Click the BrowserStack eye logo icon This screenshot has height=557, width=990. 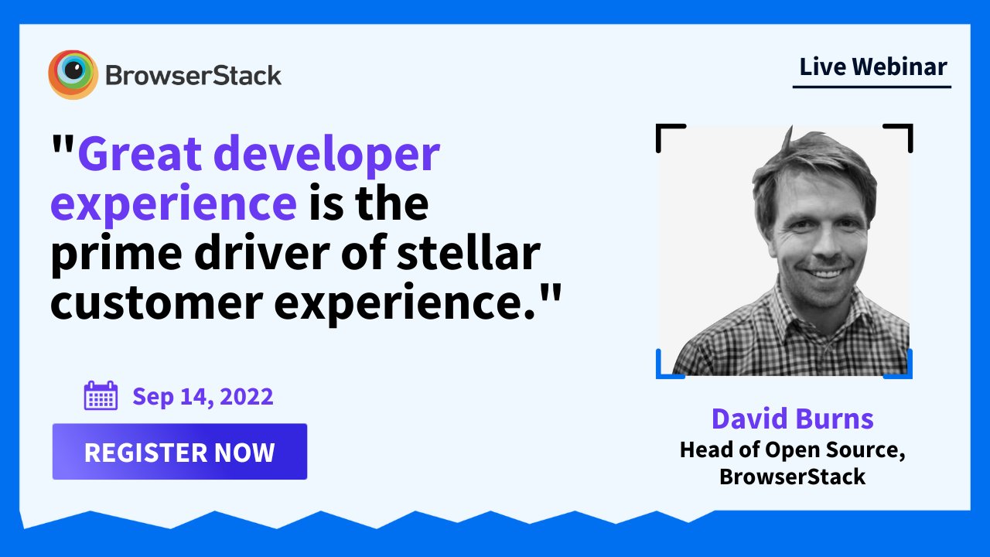[x=73, y=74]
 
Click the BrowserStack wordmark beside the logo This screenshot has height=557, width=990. [x=193, y=76]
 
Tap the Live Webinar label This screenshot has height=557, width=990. [x=873, y=67]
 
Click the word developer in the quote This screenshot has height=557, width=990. [x=326, y=154]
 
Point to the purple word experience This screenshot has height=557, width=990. [x=174, y=203]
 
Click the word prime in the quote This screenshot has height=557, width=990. [x=117, y=254]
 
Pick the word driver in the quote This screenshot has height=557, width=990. [x=262, y=252]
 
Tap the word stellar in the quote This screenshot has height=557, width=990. [x=469, y=252]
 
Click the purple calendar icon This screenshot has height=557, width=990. [x=101, y=395]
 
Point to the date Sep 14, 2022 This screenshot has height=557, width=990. [x=203, y=397]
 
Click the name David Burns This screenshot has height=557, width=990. [x=793, y=419]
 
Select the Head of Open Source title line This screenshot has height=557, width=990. [x=793, y=450]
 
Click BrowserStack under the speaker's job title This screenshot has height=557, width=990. [x=793, y=477]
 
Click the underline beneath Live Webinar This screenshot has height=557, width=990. [x=872, y=87]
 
